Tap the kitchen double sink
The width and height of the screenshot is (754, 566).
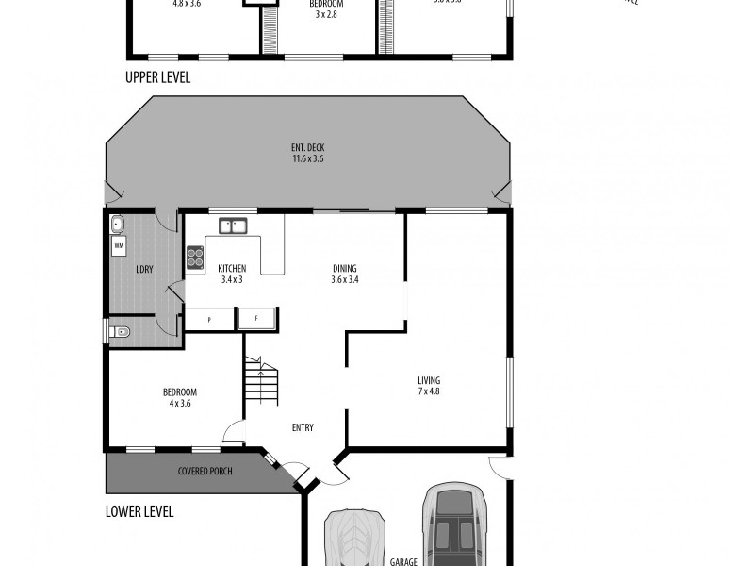[x=232, y=225]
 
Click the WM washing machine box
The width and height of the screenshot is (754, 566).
[x=119, y=246]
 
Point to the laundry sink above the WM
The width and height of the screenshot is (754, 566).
[x=119, y=225]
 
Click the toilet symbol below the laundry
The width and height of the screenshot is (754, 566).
[x=118, y=332]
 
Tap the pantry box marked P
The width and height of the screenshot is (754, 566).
[x=209, y=320]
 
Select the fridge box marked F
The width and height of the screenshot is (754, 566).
[x=256, y=320]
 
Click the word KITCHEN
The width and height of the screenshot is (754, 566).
[x=232, y=269]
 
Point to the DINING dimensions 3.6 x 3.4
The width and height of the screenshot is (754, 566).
[x=345, y=279]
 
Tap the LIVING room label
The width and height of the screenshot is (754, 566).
[x=429, y=381]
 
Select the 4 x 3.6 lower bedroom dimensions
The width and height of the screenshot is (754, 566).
[x=179, y=404]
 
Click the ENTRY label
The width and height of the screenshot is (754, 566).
[x=303, y=428]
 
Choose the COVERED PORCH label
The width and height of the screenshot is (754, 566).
[x=205, y=471]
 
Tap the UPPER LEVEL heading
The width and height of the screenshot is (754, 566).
[x=157, y=78]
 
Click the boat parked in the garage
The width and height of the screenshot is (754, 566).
[x=355, y=540]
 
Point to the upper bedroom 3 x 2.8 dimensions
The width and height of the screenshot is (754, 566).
[x=326, y=15]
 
